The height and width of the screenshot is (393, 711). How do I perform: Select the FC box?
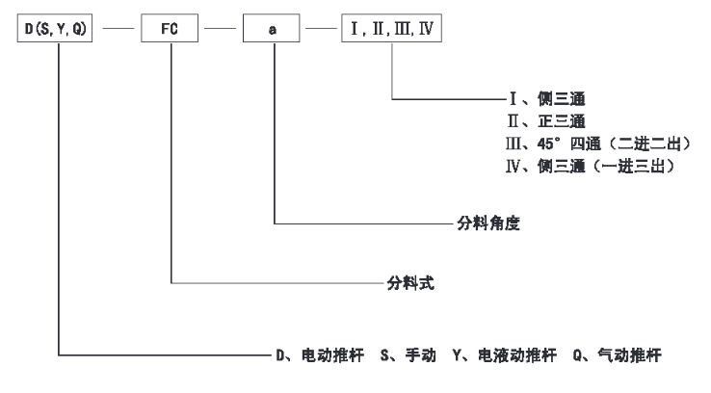point(170,30)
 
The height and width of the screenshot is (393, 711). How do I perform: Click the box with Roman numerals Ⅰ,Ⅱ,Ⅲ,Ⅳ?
point(392,30)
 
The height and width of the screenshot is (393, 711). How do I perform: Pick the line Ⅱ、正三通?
point(540,122)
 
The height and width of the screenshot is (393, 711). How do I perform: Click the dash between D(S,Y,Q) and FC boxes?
point(118,31)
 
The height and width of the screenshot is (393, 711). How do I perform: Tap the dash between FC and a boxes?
point(221,31)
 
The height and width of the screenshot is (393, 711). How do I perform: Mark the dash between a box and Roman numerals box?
point(321,31)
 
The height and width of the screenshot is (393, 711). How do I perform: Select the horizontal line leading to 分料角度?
point(366,223)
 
